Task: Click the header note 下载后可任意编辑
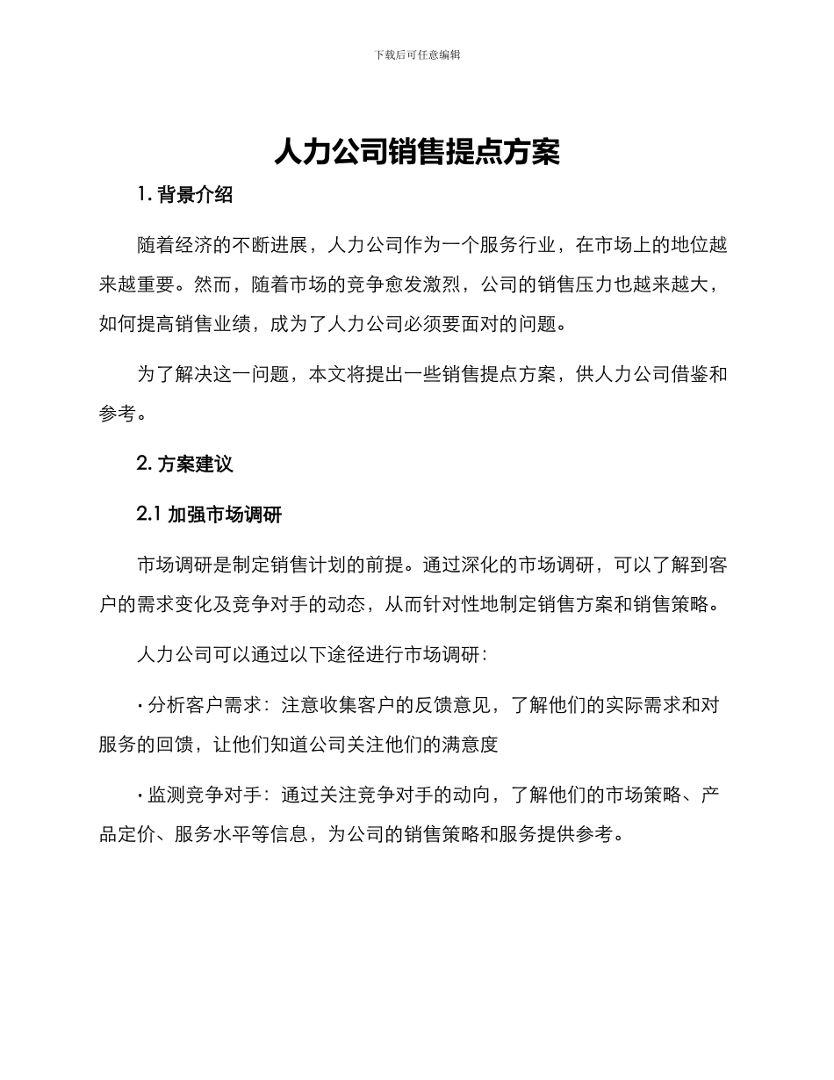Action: click(417, 54)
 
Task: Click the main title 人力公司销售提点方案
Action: click(417, 151)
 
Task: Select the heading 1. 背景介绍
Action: click(185, 195)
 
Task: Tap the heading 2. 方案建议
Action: click(185, 464)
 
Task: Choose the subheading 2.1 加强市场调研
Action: click(209, 515)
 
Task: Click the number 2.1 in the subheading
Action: click(148, 515)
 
